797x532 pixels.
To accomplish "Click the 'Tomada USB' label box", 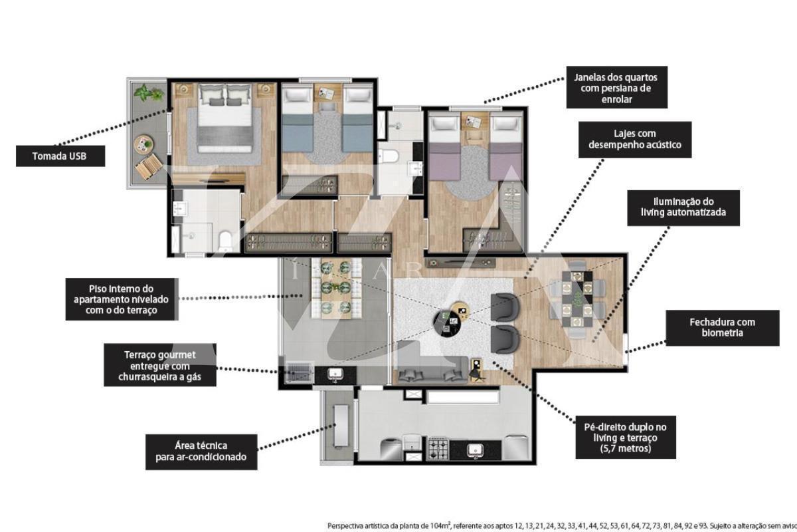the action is click(60, 156).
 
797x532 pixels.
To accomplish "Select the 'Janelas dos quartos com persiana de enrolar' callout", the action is click(616, 87).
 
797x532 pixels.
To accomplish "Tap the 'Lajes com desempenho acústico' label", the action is click(635, 140).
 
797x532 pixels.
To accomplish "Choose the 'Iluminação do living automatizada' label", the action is click(683, 207).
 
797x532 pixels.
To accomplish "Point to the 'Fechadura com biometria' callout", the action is click(723, 328).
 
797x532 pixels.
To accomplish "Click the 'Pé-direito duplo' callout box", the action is click(626, 437).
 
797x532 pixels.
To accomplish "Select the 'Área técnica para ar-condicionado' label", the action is click(201, 452).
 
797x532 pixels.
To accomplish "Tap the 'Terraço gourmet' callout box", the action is click(160, 365).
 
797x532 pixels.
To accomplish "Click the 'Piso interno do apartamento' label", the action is click(122, 299).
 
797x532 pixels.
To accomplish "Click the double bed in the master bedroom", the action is click(225, 118).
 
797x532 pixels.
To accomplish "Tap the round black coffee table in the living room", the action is click(447, 323).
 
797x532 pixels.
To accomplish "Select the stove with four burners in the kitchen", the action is click(438, 450).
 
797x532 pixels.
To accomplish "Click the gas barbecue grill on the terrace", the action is click(300, 372).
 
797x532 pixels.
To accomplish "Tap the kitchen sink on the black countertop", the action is click(475, 450).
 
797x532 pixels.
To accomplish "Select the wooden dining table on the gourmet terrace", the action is click(336, 289).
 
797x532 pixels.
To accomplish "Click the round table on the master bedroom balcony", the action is click(143, 144).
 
